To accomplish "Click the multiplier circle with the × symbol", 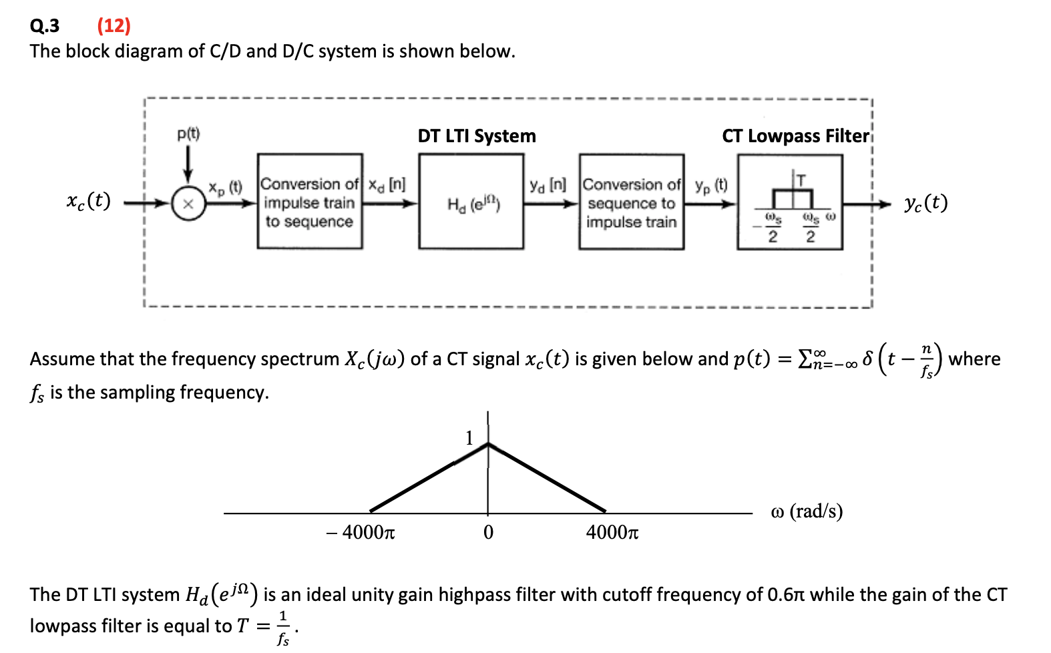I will tap(188, 204).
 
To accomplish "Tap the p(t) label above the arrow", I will tap(188, 134).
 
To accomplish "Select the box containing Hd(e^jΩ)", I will tap(471, 202).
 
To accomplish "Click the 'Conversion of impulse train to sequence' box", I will tap(310, 202).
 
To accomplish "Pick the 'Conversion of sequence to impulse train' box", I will tap(631, 202).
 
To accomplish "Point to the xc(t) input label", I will tap(89, 201).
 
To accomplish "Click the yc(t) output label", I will tap(925, 203).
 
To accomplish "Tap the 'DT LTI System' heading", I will tap(477, 136).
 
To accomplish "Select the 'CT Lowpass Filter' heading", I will tap(795, 136).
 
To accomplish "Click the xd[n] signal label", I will tap(387, 184).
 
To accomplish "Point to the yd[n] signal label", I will tap(548, 184).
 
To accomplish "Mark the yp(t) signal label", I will tap(711, 185).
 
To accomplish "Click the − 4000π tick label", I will tap(361, 533).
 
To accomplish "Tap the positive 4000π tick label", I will tap(612, 533).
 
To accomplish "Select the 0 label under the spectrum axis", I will tap(488, 533).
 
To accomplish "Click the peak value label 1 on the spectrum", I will tap(469, 438).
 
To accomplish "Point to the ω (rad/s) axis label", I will tap(806, 511).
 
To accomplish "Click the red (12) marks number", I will tap(114, 25).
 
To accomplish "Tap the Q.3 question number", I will tap(45, 25).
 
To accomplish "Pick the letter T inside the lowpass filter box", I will tap(801, 180).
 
